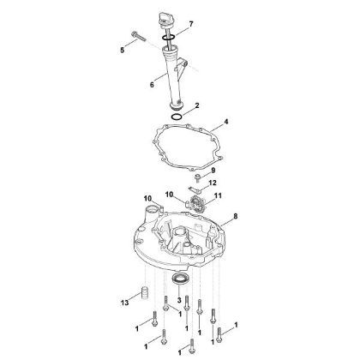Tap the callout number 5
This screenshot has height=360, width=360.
(122, 51)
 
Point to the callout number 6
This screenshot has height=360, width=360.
(152, 84)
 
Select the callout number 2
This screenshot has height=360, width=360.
(196, 105)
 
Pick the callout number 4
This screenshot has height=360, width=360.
(227, 122)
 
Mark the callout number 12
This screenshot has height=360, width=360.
(213, 183)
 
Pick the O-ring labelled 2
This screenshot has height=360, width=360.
(177, 116)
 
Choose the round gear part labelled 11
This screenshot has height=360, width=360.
(197, 205)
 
